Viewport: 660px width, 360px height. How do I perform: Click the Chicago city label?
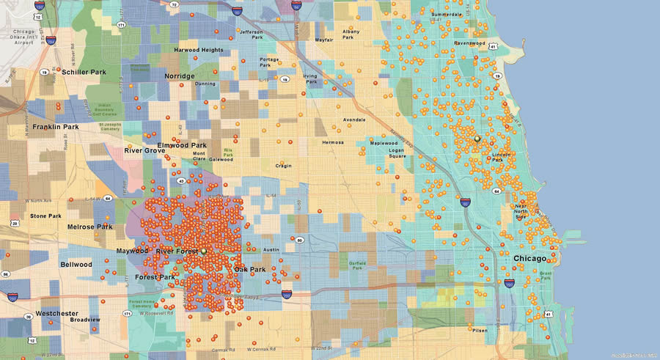(529, 259)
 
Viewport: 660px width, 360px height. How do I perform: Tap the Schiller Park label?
(84, 72)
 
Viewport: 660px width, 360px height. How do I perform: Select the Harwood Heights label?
(198, 50)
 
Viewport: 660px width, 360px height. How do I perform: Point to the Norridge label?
(180, 76)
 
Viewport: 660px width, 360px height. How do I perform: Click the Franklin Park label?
(56, 127)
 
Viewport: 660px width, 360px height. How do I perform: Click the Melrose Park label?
(90, 227)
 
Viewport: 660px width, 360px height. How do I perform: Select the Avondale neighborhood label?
(353, 120)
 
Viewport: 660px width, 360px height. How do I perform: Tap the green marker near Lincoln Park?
(477, 138)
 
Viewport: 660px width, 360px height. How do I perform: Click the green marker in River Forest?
(204, 251)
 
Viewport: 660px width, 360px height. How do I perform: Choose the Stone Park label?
(45, 216)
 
